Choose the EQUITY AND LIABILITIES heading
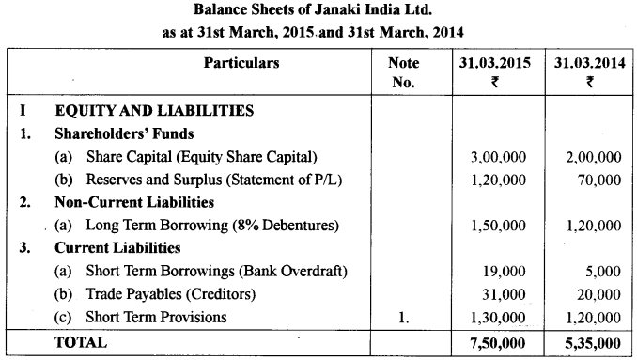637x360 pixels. (x=153, y=111)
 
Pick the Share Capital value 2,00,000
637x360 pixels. (x=589, y=156)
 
